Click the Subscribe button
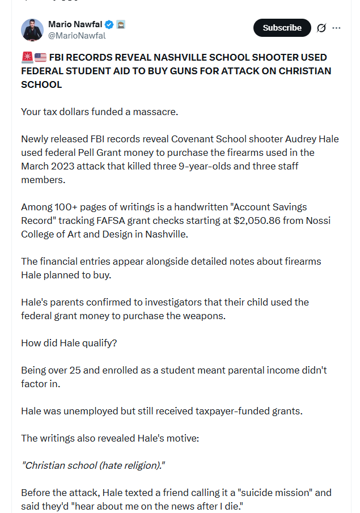point(282,28)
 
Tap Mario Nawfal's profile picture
point(32,29)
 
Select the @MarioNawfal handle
point(77,35)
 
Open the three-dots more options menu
point(337,28)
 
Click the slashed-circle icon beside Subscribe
point(321,28)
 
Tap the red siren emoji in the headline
point(27,57)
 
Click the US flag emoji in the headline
point(40,57)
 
